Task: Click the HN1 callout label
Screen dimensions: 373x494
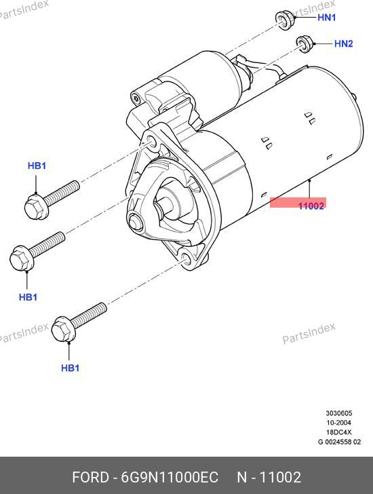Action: coord(326,18)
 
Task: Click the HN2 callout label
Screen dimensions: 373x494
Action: coord(343,43)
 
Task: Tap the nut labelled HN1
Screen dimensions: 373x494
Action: coord(285,20)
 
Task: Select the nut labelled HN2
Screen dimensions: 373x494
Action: coord(304,44)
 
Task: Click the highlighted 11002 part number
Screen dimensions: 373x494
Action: coord(311,206)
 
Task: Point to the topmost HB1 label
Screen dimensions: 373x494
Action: coord(37,166)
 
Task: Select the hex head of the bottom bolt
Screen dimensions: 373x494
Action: coord(63,329)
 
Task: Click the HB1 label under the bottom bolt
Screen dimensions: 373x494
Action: coord(71,368)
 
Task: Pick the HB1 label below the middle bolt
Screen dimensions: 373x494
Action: coord(28,297)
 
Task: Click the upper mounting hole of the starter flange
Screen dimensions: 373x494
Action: coord(152,142)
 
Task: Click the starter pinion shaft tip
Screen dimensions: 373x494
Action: coord(136,221)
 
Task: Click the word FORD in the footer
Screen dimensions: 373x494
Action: coord(91,477)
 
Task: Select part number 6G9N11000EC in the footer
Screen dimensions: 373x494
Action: coord(170,477)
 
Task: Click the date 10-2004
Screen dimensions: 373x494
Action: coord(339,423)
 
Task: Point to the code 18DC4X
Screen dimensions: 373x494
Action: coord(339,432)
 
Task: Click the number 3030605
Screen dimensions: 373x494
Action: coord(339,413)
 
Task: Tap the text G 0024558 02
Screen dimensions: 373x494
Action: coord(339,442)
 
